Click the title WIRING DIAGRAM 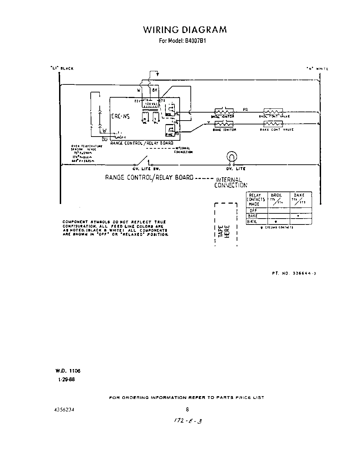(x=185, y=30)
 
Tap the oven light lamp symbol (x=231, y=157)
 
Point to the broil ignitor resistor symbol (x=224, y=112)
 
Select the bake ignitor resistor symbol (x=224, y=124)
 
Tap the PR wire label (x=245, y=110)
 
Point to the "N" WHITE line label (x=317, y=69)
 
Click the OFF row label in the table (x=253, y=211)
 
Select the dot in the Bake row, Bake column (x=298, y=216)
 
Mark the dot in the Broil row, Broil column (x=276, y=221)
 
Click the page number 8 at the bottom (x=187, y=409)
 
